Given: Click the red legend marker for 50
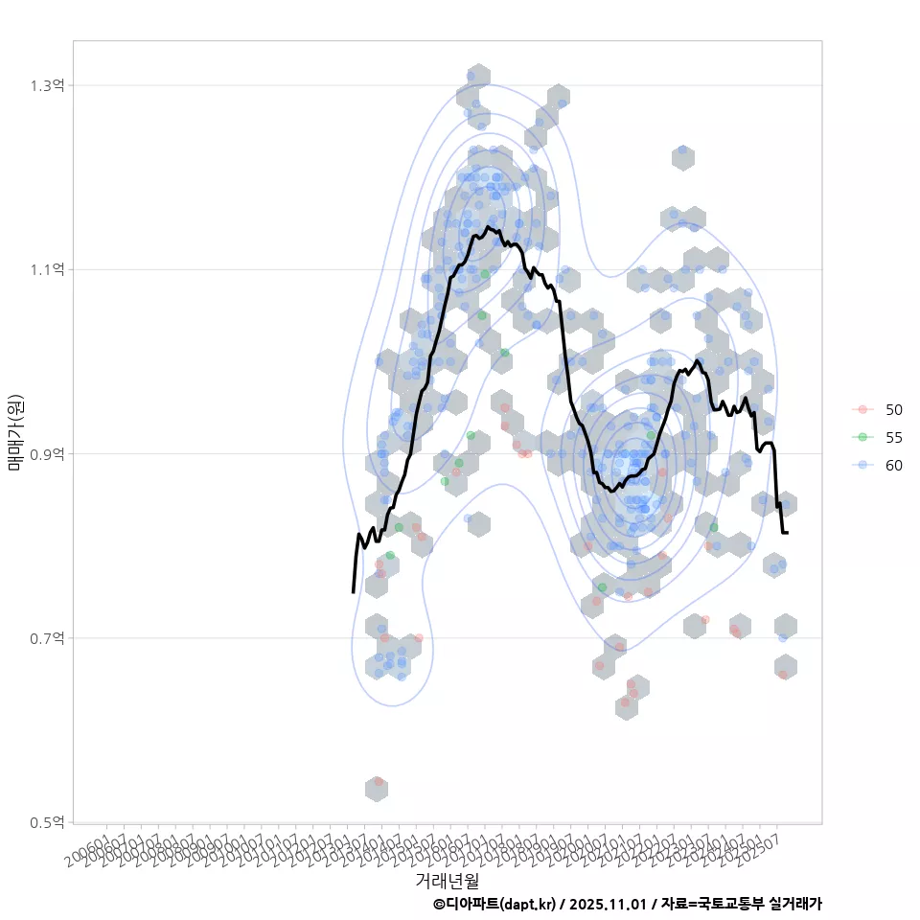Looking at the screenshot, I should (863, 409).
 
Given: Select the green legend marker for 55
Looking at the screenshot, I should (863, 437).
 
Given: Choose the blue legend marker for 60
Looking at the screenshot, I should (863, 465).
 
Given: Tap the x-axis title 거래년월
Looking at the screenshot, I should (447, 880).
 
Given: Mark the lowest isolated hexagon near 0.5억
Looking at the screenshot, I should (377, 789).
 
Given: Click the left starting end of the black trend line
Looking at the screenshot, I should (354, 591).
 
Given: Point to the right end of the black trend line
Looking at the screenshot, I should (787, 533).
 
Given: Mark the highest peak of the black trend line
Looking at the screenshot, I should (489, 227).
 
